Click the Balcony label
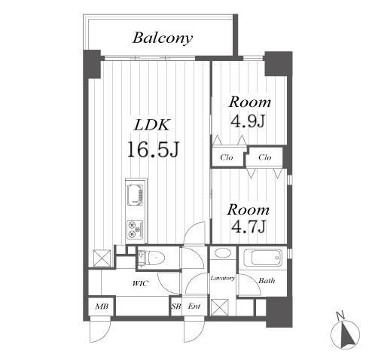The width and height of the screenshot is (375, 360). [163, 38]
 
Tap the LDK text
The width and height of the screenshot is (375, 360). [152, 124]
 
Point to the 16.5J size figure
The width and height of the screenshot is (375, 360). [153, 149]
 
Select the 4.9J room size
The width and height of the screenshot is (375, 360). [248, 121]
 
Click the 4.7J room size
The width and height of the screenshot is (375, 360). [248, 227]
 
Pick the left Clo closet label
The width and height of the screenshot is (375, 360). [227, 157]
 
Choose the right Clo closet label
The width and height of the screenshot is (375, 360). [265, 157]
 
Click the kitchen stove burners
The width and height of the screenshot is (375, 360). [136, 230]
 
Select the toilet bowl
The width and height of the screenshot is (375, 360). [154, 258]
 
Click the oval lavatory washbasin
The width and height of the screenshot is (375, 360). [222, 252]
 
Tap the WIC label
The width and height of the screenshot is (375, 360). [140, 284]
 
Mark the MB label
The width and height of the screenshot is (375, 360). [102, 307]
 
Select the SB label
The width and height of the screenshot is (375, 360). [176, 307]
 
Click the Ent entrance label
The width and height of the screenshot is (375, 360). [194, 307]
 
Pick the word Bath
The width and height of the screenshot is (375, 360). [267, 280]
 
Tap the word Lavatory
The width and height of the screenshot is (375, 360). [223, 278]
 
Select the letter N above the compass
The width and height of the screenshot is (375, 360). [340, 316]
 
